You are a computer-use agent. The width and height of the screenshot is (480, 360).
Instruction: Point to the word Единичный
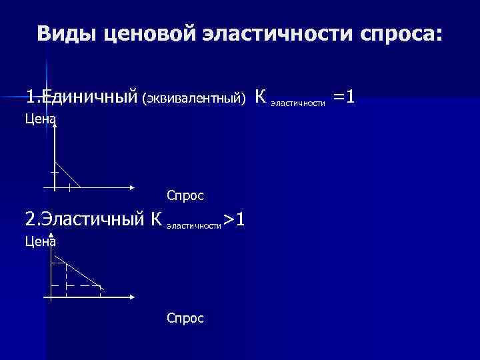click(x=87, y=98)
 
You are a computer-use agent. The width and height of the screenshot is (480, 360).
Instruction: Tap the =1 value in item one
click(x=344, y=98)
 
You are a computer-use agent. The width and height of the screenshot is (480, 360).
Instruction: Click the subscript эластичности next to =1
click(x=298, y=103)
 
